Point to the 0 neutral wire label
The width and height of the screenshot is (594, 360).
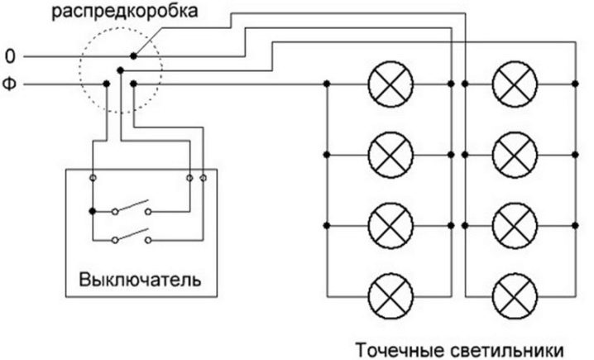pos(10,57)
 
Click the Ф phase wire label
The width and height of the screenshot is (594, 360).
pos(10,84)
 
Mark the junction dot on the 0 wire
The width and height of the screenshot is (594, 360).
pos(133,57)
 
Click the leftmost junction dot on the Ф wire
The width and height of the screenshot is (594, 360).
pos(106,84)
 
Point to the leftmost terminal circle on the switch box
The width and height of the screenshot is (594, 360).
pos(93,177)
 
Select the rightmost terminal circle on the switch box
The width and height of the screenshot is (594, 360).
pos(203,177)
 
